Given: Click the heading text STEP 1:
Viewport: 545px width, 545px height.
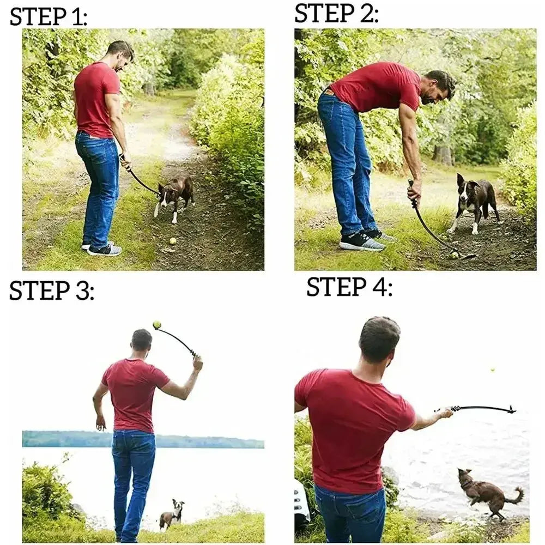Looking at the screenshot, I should [x=48, y=17].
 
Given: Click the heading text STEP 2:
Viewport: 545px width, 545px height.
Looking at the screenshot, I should [x=336, y=13].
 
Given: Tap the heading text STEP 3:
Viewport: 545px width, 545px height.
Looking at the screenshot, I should [x=51, y=291].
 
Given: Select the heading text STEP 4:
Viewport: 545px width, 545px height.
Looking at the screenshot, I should [x=349, y=287].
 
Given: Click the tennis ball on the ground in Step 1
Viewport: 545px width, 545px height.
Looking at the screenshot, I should [x=173, y=241].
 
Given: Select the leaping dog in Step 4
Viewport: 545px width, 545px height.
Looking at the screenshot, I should [x=485, y=492].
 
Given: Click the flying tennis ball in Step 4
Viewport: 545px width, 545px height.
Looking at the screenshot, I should [x=492, y=370].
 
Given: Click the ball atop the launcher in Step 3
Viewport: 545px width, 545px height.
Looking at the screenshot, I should [x=157, y=325].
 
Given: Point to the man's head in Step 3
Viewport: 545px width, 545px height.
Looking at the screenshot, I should [x=142, y=341].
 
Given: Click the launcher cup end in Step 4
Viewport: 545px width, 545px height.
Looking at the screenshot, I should [x=511, y=409].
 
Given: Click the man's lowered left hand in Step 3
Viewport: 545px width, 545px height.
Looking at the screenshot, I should [x=100, y=423].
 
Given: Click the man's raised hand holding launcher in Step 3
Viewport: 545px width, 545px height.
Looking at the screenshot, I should [x=197, y=362].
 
